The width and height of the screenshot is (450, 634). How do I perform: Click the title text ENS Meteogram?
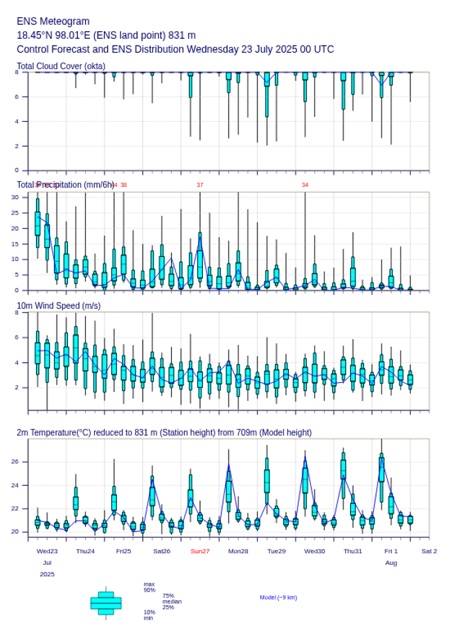click(53, 21)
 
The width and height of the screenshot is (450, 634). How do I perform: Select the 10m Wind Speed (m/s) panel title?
click(58, 305)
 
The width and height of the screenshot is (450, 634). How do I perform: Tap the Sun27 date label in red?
click(200, 551)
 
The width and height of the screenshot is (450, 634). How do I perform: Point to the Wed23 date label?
click(47, 551)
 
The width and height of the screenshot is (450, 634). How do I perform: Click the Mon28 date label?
click(238, 551)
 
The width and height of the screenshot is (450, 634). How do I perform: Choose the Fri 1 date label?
click(391, 551)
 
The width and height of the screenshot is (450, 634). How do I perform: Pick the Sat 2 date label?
click(429, 551)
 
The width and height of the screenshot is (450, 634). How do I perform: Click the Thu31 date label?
click(353, 551)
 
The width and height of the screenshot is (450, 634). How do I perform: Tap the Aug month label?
click(391, 563)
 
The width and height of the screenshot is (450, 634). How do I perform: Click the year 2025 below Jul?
click(47, 574)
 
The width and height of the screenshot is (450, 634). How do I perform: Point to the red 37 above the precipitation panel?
click(200, 185)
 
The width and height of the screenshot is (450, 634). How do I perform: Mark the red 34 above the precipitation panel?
click(305, 185)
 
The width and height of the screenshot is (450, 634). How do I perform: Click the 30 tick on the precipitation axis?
click(15, 197)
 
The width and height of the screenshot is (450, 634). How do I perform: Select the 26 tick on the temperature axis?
click(15, 462)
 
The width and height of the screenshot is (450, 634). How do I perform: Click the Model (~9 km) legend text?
click(278, 597)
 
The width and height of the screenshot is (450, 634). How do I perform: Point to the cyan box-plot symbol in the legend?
click(106, 603)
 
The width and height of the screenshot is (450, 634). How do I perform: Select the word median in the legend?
click(172, 601)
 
